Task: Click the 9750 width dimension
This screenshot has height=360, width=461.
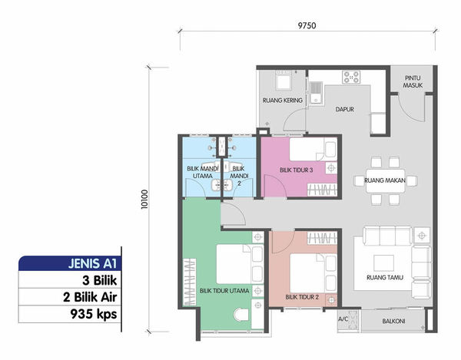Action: [x=307, y=26]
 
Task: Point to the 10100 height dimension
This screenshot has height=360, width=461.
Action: [x=144, y=200]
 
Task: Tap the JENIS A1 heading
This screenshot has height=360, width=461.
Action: [x=93, y=263]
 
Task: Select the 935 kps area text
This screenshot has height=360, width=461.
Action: [x=94, y=314]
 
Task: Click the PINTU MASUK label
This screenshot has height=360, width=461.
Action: [x=413, y=81]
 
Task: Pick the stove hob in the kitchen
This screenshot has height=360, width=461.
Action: [x=351, y=78]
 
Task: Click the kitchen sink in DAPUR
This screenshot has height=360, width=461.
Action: [x=316, y=93]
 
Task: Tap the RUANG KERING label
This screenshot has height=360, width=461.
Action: [x=283, y=101]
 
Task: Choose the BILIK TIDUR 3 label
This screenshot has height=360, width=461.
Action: [x=296, y=170]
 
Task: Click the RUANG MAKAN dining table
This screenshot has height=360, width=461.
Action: [x=385, y=180]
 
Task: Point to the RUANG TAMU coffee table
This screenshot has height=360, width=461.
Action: [x=383, y=263]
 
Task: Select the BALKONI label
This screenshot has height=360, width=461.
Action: [x=393, y=322]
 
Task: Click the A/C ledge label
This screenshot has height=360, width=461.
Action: [x=343, y=319]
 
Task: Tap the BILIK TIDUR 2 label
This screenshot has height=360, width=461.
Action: [x=302, y=297]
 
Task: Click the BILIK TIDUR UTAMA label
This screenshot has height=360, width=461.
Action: [x=224, y=291]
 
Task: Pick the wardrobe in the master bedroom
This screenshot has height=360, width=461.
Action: [x=190, y=282]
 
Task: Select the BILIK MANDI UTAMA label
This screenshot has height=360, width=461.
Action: [x=203, y=172]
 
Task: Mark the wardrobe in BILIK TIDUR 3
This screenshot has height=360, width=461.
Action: [x=322, y=190]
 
